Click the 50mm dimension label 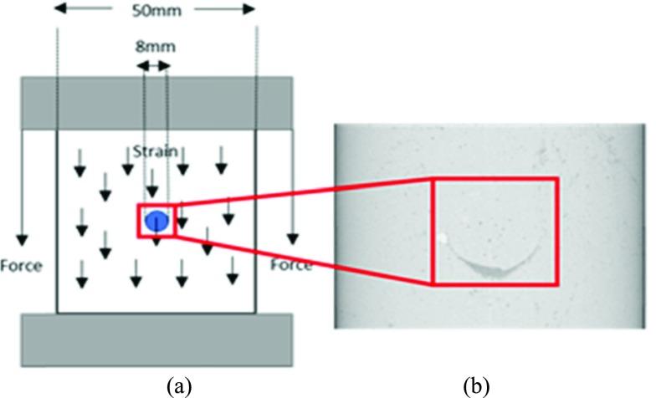click(x=156, y=13)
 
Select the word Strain click(x=153, y=151)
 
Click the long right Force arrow click(x=292, y=184)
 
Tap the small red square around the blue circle click(x=140, y=221)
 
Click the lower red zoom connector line click(x=301, y=260)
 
